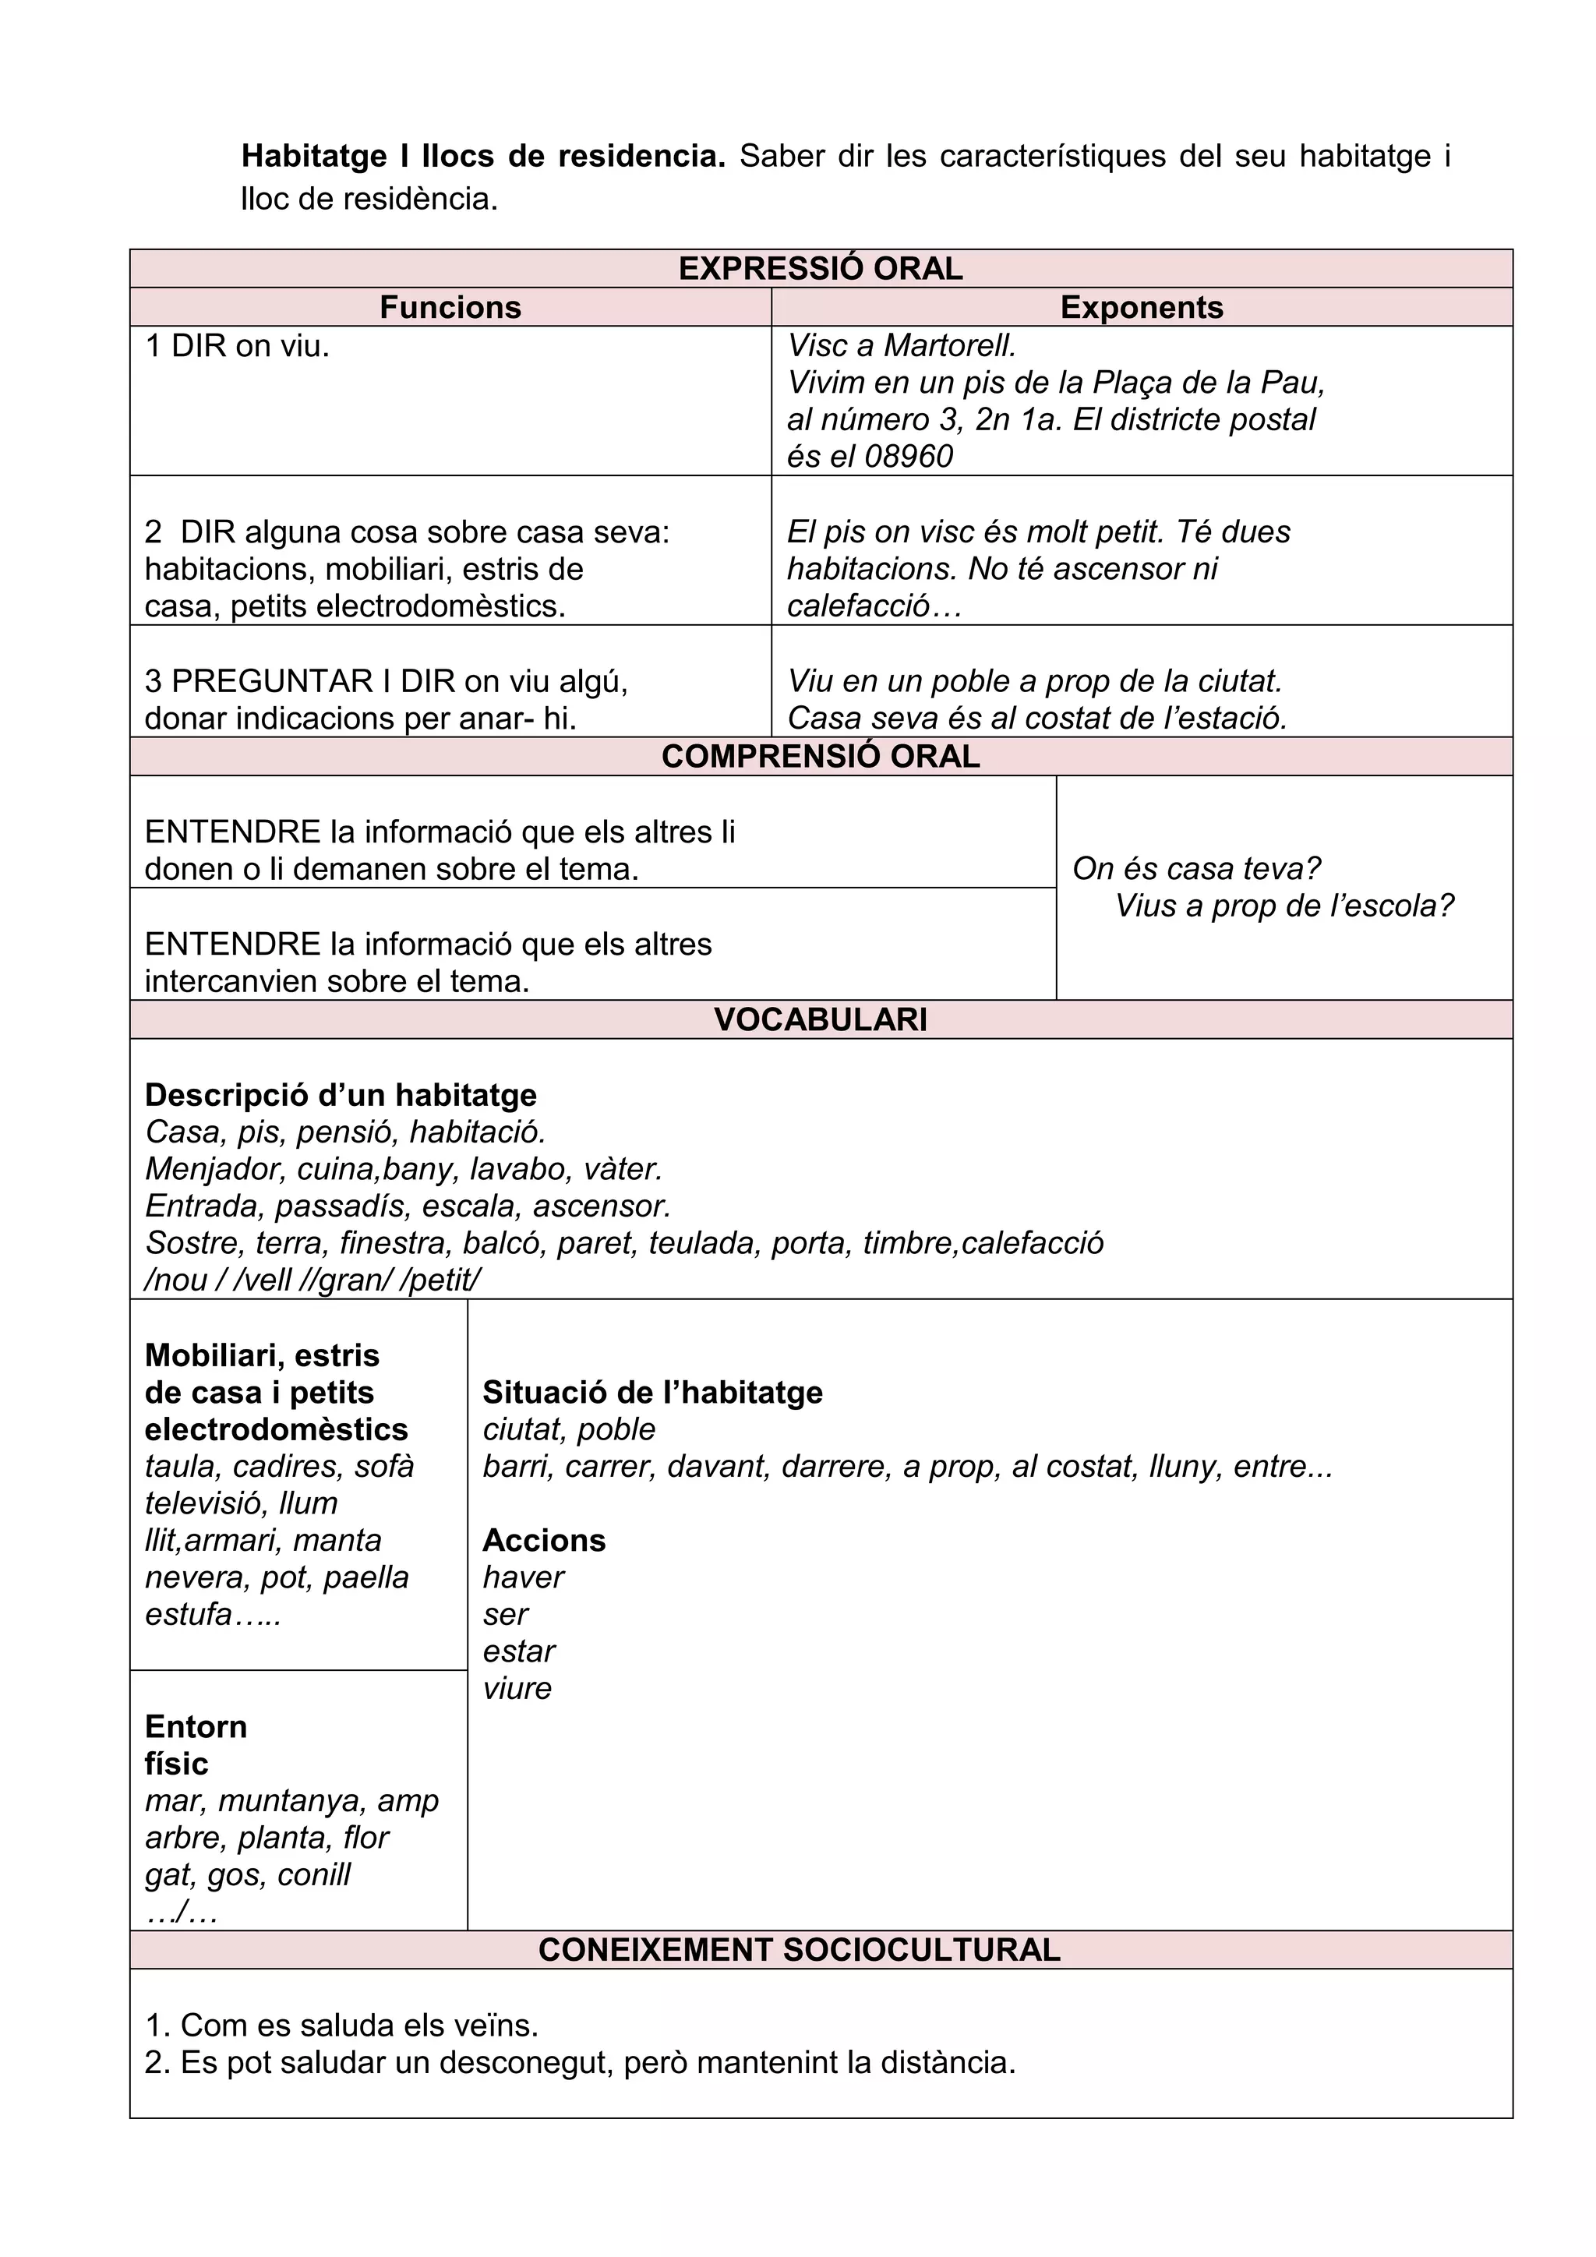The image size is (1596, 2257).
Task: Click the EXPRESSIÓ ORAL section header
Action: (x=820, y=268)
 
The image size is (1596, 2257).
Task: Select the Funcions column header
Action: (x=450, y=307)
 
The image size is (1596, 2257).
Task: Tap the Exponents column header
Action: (x=1141, y=307)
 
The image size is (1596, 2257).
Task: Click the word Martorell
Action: (x=949, y=345)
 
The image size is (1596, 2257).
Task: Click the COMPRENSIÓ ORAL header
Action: (x=820, y=756)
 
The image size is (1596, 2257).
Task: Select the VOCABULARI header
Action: (x=820, y=1019)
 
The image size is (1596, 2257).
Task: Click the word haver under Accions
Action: (x=523, y=1577)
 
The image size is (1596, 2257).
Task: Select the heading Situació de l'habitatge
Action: (x=651, y=1392)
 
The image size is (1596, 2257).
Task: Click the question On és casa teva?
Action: (x=1196, y=868)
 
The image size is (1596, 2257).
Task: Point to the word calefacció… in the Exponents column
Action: (x=874, y=606)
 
